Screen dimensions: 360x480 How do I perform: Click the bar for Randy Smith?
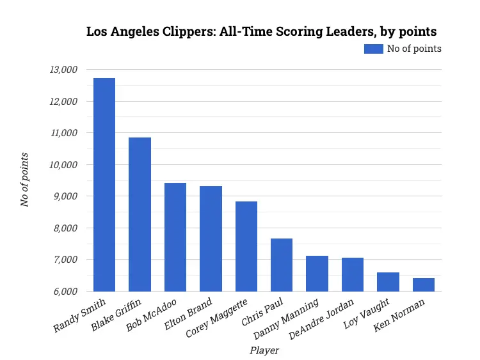[104, 185]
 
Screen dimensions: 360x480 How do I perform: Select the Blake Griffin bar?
[140, 215]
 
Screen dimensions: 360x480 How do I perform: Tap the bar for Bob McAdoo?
[175, 237]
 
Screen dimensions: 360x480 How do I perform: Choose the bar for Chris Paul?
[282, 265]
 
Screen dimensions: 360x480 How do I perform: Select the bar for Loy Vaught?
[388, 282]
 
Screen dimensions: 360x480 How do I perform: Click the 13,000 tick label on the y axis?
[63, 70]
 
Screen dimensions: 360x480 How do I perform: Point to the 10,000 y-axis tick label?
[63, 165]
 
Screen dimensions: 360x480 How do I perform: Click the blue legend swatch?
[373, 49]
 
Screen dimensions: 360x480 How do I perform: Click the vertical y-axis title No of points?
[25, 180]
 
